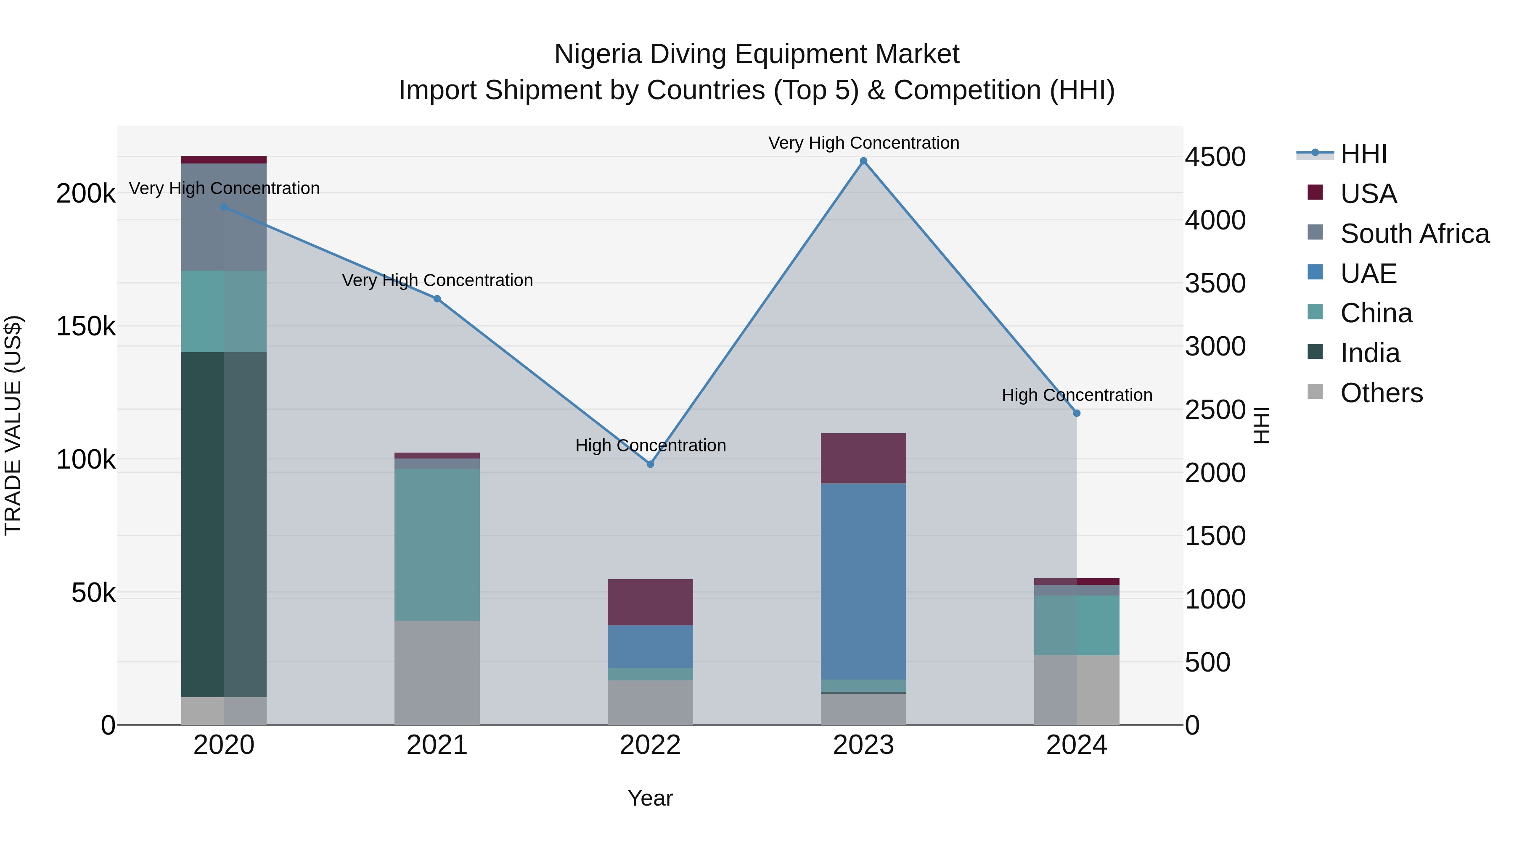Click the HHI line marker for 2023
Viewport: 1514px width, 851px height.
click(863, 161)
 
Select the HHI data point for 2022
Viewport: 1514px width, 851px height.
click(650, 464)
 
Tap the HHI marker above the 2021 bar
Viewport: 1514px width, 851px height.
click(437, 298)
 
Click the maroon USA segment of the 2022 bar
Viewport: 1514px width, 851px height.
click(650, 601)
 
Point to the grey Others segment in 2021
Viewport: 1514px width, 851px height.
click(437, 672)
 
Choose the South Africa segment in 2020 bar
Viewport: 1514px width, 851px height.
click(223, 217)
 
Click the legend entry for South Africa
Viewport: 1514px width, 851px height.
click(1414, 233)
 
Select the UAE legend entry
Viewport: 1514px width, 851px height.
click(1368, 273)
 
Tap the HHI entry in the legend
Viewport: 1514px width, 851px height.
click(1363, 153)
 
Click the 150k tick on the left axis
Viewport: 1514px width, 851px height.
click(86, 326)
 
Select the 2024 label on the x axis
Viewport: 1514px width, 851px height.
click(1076, 745)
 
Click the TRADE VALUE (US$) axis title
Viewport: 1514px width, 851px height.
click(13, 425)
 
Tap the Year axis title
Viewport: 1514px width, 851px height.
click(650, 798)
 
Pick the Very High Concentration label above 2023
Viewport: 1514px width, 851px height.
click(863, 143)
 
